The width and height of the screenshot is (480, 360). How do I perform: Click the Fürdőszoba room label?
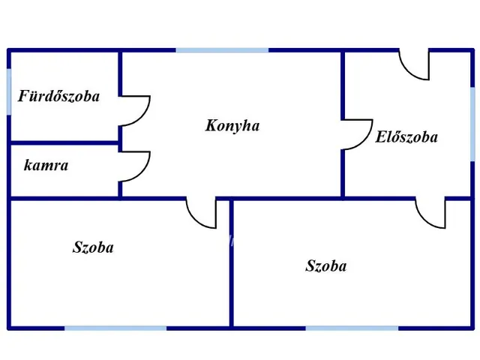pyautogui.click(x=58, y=95)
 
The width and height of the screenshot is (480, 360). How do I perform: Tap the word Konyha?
pyautogui.click(x=232, y=125)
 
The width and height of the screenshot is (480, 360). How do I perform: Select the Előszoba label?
pyautogui.click(x=406, y=136)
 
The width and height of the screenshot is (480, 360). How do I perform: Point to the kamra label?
pyautogui.click(x=46, y=165)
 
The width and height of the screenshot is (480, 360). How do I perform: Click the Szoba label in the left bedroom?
pyautogui.click(x=93, y=247)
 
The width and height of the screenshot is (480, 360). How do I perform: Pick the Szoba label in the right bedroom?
pyautogui.click(x=326, y=265)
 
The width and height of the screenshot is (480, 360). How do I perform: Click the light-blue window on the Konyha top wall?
pyautogui.click(x=222, y=50)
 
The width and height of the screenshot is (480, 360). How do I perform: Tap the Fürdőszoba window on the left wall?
pyautogui.click(x=9, y=91)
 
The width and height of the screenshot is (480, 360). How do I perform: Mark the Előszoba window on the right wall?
pyautogui.click(x=472, y=124)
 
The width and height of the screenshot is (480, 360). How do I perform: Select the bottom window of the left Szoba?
pyautogui.click(x=115, y=328)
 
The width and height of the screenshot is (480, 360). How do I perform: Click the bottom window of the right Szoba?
pyautogui.click(x=352, y=328)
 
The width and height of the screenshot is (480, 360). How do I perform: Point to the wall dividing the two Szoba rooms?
pyautogui.click(x=232, y=263)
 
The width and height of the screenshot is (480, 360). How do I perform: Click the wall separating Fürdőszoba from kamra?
pyautogui.click(x=64, y=142)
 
